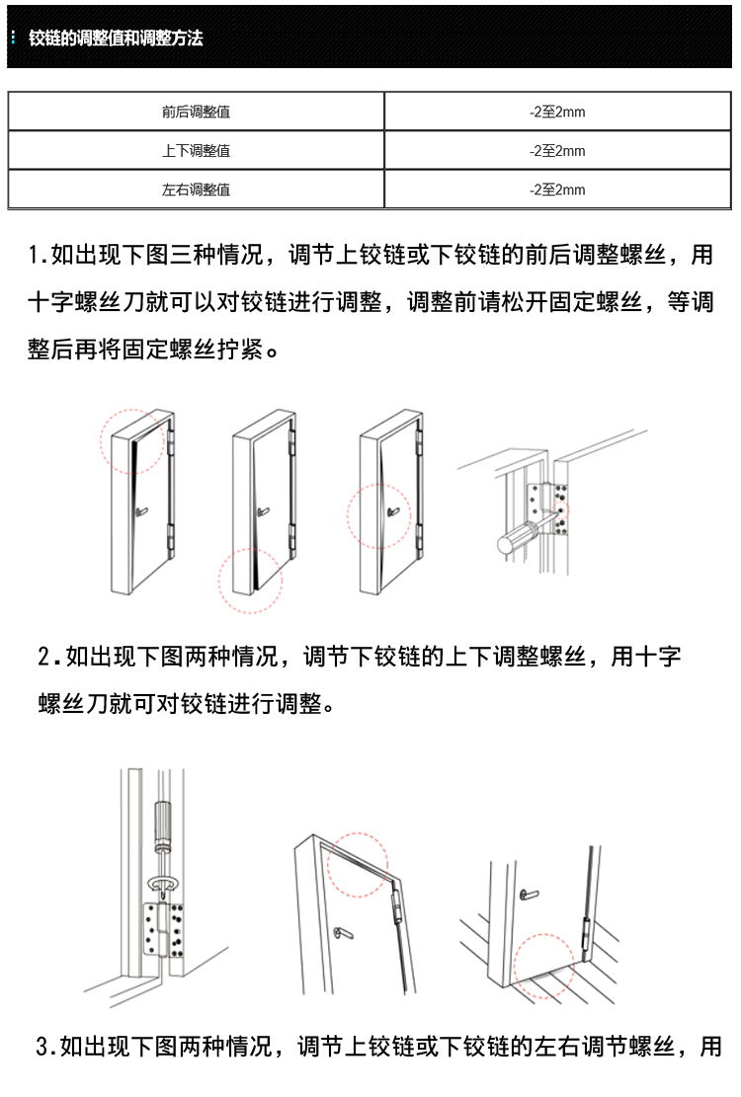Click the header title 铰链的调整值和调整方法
[116, 39]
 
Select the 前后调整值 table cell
[196, 113]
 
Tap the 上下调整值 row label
[196, 151]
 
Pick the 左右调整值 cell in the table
[196, 190]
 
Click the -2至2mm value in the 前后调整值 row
[557, 113]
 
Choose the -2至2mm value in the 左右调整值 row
[557, 190]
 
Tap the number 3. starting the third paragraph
[45, 1047]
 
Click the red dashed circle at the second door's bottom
[250, 581]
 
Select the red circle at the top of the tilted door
[359, 863]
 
